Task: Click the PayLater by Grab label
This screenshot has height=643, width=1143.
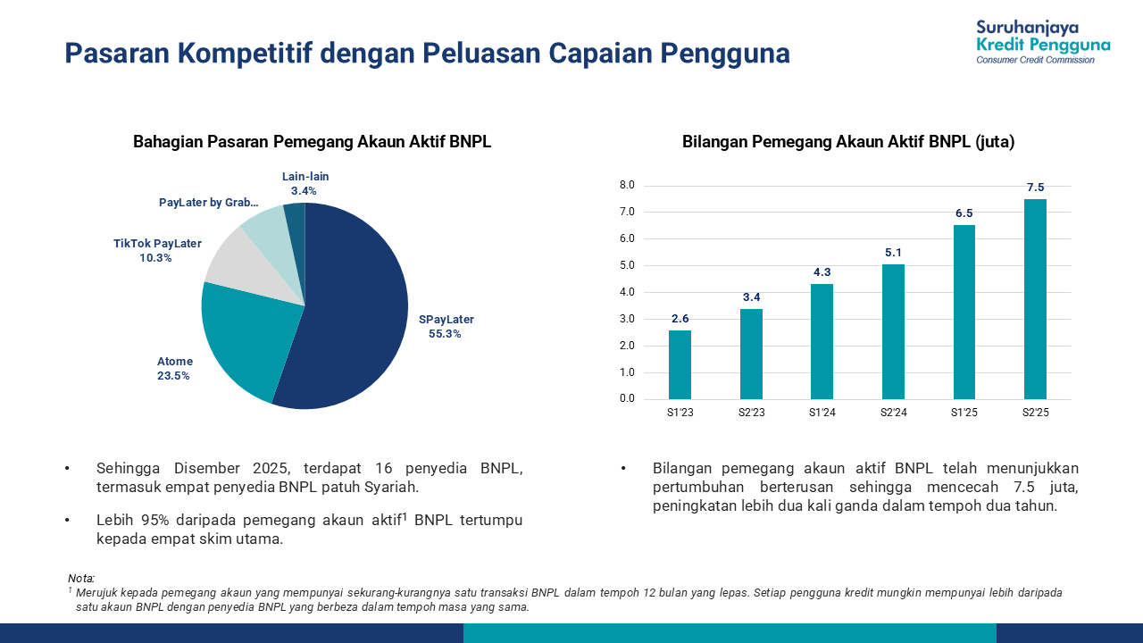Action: (x=209, y=203)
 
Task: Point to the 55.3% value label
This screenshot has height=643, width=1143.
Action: (x=446, y=334)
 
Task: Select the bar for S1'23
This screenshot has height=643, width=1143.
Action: (x=680, y=365)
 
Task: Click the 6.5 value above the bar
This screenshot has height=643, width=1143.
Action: (x=964, y=213)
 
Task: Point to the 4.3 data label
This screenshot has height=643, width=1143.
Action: (x=822, y=272)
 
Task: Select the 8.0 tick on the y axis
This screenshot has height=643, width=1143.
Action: (x=626, y=186)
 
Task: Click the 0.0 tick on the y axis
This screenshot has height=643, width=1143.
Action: (x=626, y=399)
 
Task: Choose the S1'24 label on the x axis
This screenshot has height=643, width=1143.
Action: (x=822, y=413)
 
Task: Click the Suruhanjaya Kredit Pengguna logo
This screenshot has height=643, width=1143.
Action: (x=1043, y=41)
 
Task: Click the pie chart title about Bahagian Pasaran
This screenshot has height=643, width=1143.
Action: (x=312, y=142)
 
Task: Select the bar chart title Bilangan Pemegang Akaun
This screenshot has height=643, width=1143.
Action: (x=848, y=142)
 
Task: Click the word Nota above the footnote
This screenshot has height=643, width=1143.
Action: (x=81, y=579)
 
